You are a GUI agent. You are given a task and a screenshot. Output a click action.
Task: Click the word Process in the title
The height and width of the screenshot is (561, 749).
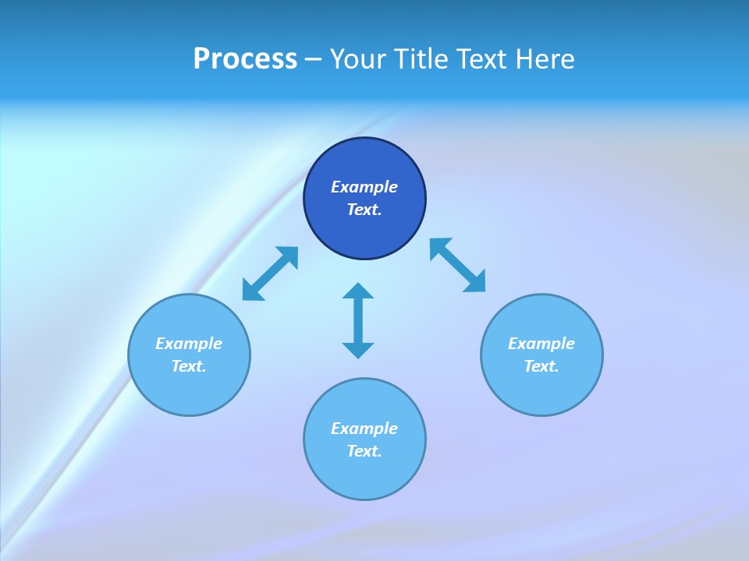point(245,59)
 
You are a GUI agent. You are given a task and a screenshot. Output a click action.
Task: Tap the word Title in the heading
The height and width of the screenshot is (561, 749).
point(420,59)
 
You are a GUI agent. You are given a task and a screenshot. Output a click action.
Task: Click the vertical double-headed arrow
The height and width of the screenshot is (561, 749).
point(358,321)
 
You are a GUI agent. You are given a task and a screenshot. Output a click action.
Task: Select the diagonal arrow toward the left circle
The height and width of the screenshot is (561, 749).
point(270,273)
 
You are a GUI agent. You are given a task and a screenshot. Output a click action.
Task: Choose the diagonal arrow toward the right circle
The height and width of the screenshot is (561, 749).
point(457,265)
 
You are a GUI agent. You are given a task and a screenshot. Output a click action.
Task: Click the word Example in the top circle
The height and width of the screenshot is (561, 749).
point(364,187)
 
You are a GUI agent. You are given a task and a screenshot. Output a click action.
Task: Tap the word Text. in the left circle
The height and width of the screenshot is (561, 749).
point(189,366)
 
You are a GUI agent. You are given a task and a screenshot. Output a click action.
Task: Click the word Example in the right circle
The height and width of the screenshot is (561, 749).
point(541,344)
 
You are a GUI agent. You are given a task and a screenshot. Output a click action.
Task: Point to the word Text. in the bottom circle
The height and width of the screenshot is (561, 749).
point(364,451)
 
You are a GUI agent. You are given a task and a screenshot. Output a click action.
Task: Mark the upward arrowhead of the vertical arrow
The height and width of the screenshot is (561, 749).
point(358,291)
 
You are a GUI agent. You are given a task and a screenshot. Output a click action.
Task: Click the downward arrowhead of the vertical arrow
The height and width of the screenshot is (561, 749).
point(358,350)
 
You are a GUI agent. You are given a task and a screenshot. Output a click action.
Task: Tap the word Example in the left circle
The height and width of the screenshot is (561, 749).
point(189,344)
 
